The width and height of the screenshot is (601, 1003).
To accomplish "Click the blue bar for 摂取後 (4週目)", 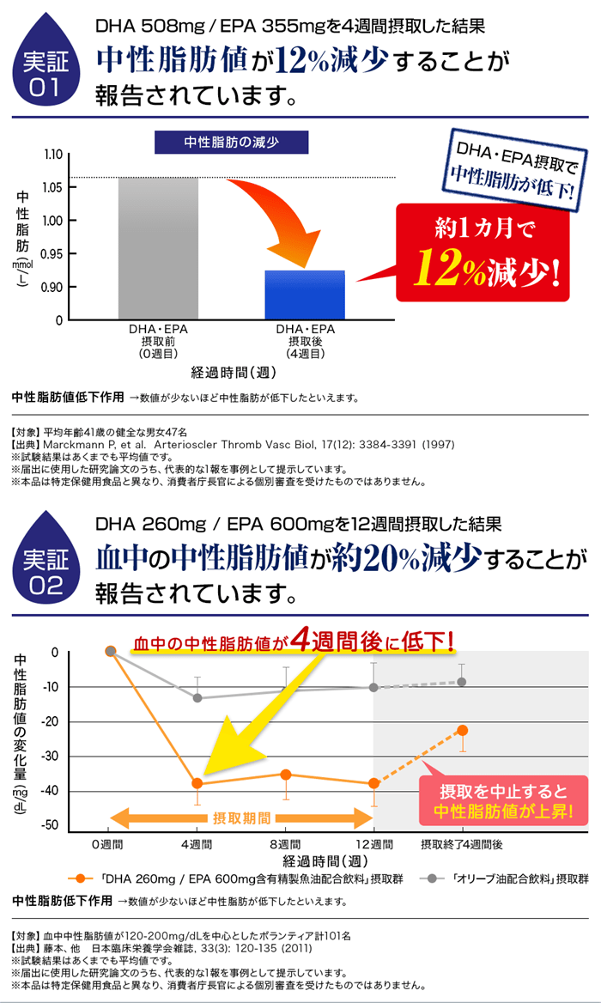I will tap(305, 295).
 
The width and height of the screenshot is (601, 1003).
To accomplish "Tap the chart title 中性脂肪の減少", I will tap(231, 142).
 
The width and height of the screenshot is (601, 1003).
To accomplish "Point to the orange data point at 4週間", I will tap(197, 783).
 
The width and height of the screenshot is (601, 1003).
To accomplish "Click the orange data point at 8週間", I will tap(286, 774).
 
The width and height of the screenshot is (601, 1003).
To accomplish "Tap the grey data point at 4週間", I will tap(197, 697).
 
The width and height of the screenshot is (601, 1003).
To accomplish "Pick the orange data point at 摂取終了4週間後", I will tap(462, 730).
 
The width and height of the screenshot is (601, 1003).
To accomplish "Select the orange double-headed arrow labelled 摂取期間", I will tap(240, 817).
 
